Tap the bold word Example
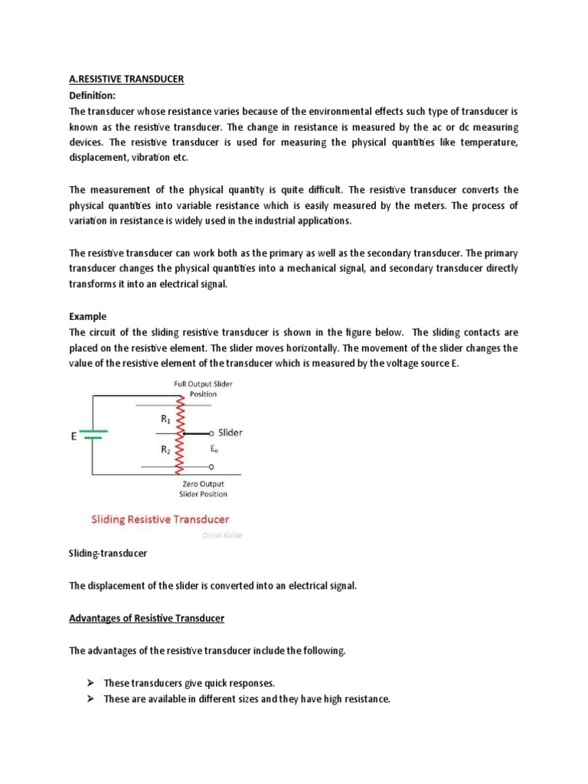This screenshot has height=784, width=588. pyautogui.click(x=88, y=316)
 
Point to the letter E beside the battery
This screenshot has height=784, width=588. pyautogui.click(x=73, y=436)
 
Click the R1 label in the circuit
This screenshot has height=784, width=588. pyautogui.click(x=165, y=419)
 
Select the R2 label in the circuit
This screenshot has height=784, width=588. pyautogui.click(x=165, y=450)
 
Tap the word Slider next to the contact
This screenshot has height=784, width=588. pyautogui.click(x=230, y=433)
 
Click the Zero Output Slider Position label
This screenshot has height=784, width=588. pyautogui.click(x=204, y=488)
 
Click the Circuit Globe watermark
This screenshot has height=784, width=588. pyautogui.click(x=222, y=535)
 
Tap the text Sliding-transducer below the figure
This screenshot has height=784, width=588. pyautogui.click(x=107, y=551)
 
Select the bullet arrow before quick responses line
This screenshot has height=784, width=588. pyautogui.click(x=90, y=682)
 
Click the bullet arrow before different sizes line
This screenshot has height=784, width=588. pyautogui.click(x=90, y=698)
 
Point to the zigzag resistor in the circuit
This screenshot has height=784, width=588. pyautogui.click(x=181, y=435)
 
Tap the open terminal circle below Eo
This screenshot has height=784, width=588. pyautogui.click(x=211, y=465)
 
